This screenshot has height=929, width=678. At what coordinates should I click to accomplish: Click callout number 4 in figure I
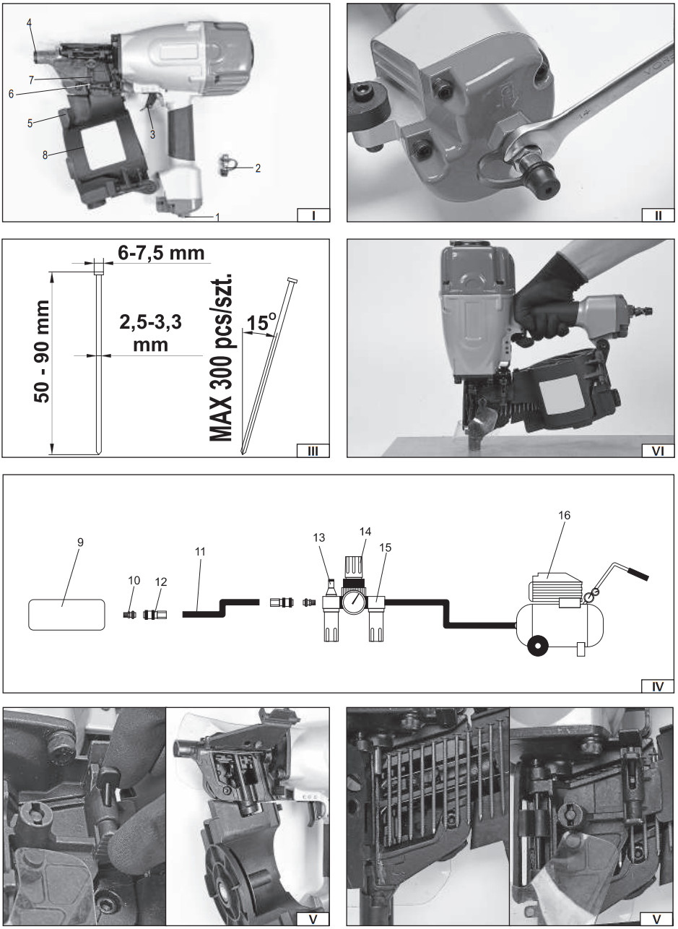(x=30, y=22)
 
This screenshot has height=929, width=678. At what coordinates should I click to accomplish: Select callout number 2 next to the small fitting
(x=258, y=168)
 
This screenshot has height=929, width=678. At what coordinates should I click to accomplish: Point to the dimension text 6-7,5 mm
(x=160, y=253)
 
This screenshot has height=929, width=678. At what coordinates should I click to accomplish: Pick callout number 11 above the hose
(x=200, y=551)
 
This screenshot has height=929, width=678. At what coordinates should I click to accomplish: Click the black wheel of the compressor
(x=537, y=645)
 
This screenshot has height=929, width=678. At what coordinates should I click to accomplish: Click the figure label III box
(x=313, y=450)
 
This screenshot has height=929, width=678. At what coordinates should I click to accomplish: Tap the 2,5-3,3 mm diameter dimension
(x=150, y=333)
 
